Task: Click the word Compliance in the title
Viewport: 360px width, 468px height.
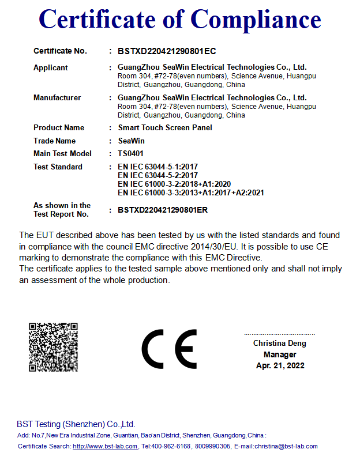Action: click(256, 20)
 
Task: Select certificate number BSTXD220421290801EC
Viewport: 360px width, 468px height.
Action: click(167, 51)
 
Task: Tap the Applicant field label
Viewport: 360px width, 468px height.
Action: click(51, 68)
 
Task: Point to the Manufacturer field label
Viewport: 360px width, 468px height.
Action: click(57, 98)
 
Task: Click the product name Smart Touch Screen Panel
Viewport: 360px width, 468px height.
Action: click(165, 128)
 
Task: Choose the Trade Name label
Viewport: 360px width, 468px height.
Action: click(54, 141)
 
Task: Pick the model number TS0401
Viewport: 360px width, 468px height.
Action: click(131, 154)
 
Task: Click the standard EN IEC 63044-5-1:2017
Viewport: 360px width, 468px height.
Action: click(157, 167)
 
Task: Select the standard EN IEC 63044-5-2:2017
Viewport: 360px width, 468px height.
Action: click(157, 175)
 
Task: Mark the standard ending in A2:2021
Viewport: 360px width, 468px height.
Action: click(190, 193)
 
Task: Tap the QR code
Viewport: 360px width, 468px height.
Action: click(53, 347)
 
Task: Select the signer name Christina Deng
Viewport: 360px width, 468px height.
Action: click(280, 344)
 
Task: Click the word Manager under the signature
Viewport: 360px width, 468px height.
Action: click(280, 354)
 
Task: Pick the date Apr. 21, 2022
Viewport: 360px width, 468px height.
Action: click(280, 365)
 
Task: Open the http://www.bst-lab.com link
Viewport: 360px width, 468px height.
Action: click(105, 447)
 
